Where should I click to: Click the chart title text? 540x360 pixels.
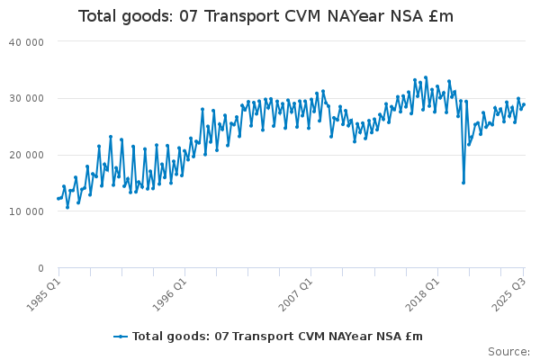[265, 16]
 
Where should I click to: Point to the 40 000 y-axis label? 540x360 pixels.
[26, 41]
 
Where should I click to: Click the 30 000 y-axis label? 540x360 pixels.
[26, 98]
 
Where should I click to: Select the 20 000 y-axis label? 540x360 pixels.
[26, 155]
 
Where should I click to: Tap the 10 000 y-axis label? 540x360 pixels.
[26, 211]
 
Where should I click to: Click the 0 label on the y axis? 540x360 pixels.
[40, 268]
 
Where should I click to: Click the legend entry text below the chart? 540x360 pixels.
[277, 337]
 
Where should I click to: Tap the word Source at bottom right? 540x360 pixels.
[508, 352]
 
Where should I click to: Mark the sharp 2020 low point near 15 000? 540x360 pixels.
[463, 183]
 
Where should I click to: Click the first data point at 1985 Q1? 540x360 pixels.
[58, 198]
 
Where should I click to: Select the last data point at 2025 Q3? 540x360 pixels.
[524, 104]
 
